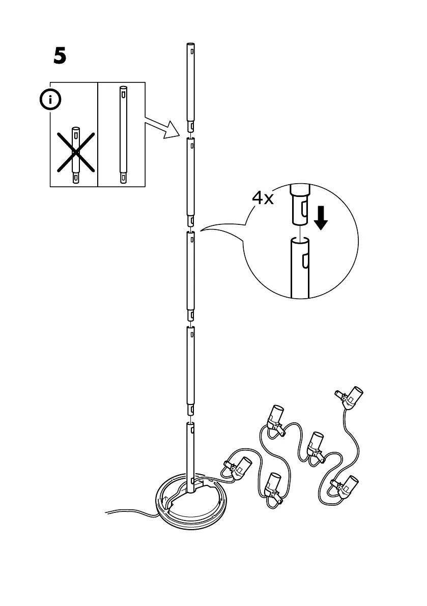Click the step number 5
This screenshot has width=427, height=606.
coord(60,56)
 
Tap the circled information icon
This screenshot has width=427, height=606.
coord(50,100)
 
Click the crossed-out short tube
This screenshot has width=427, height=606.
coord(75,155)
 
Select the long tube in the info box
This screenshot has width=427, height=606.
coord(122,134)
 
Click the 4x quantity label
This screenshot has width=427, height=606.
coord(263,198)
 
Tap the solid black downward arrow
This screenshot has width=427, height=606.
coord(321,217)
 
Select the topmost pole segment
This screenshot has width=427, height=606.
coord(190,86)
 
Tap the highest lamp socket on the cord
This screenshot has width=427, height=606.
coord(353,397)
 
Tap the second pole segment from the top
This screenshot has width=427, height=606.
coord(190,181)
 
